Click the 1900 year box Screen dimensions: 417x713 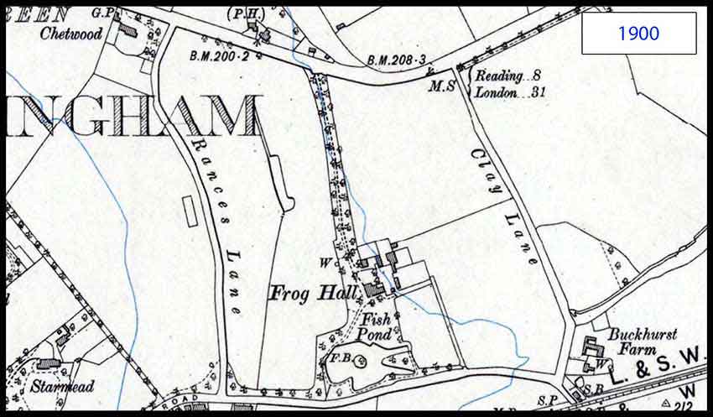pos(638,34)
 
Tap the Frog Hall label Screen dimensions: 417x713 pos(313,294)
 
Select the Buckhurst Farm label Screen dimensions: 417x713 pos(643,340)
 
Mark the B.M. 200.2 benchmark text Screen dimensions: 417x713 pos(221,56)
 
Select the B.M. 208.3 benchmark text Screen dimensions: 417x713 pos(398,60)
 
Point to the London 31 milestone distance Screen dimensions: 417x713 pos(510,92)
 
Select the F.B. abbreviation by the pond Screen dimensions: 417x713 pos(338,358)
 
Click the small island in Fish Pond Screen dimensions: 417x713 pos(362,362)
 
